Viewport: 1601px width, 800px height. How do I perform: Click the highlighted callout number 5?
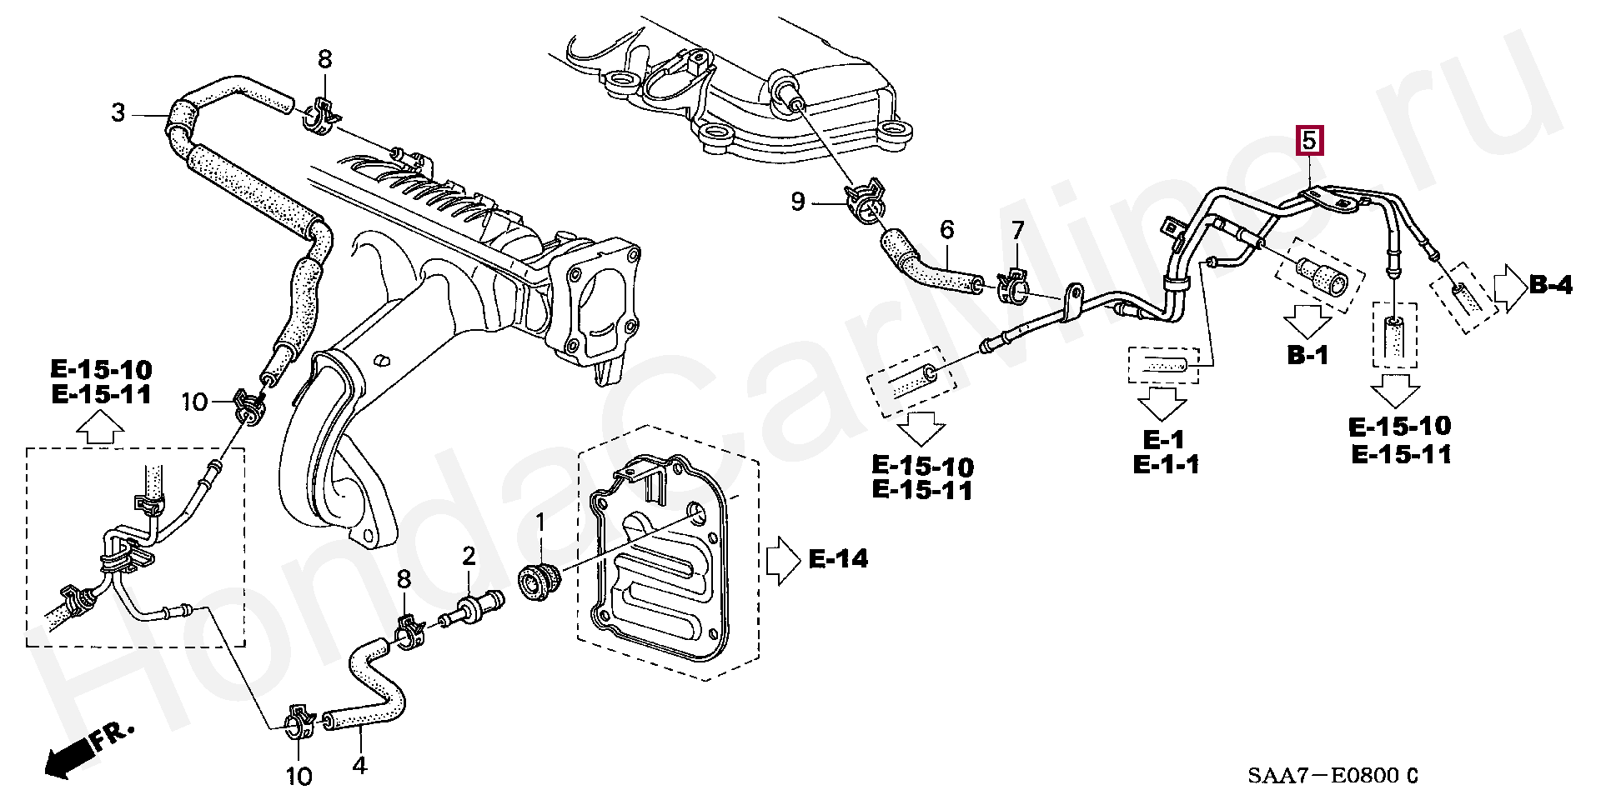[1308, 141]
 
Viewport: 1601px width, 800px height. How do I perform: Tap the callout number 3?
[118, 112]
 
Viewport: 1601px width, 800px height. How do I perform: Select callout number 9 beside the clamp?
[798, 202]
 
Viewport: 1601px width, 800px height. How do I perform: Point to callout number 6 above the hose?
[946, 229]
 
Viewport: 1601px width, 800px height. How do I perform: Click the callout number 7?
[1016, 229]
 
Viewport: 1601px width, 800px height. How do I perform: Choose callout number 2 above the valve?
[469, 556]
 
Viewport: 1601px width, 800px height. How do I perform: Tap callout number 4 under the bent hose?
[359, 764]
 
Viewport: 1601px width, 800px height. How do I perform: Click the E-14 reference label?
[838, 558]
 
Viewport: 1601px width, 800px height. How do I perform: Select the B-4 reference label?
[1551, 285]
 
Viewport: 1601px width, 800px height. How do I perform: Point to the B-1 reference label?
[1307, 356]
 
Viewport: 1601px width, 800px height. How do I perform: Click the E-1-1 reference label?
[1166, 465]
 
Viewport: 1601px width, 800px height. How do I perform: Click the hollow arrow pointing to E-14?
[781, 558]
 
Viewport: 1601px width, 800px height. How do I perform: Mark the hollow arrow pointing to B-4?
[1508, 289]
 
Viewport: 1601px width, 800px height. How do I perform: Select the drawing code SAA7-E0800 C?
[1332, 776]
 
